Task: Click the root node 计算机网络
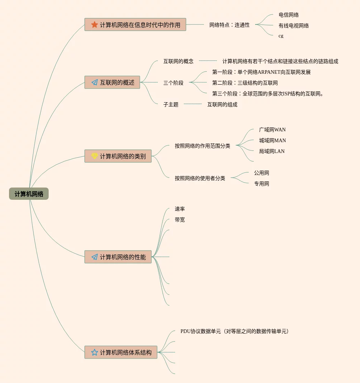(x=29, y=194)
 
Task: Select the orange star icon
(x=94, y=24)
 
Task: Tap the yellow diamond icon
(x=94, y=156)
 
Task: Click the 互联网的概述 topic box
(x=112, y=82)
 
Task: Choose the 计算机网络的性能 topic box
(x=118, y=257)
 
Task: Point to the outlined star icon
(x=94, y=352)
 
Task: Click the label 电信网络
(x=289, y=15)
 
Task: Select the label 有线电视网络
(x=294, y=26)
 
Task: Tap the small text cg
(x=281, y=36)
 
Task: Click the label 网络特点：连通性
(x=230, y=25)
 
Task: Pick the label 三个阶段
(x=173, y=83)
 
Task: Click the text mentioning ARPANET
(x=261, y=72)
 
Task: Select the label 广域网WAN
(x=272, y=130)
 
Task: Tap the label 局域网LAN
(x=272, y=151)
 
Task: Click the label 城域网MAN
(x=272, y=140)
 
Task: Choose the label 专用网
(x=262, y=184)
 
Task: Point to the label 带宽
(x=180, y=220)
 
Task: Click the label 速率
(x=180, y=209)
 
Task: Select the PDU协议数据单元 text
(x=235, y=331)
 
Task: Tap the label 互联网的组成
(x=222, y=104)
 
